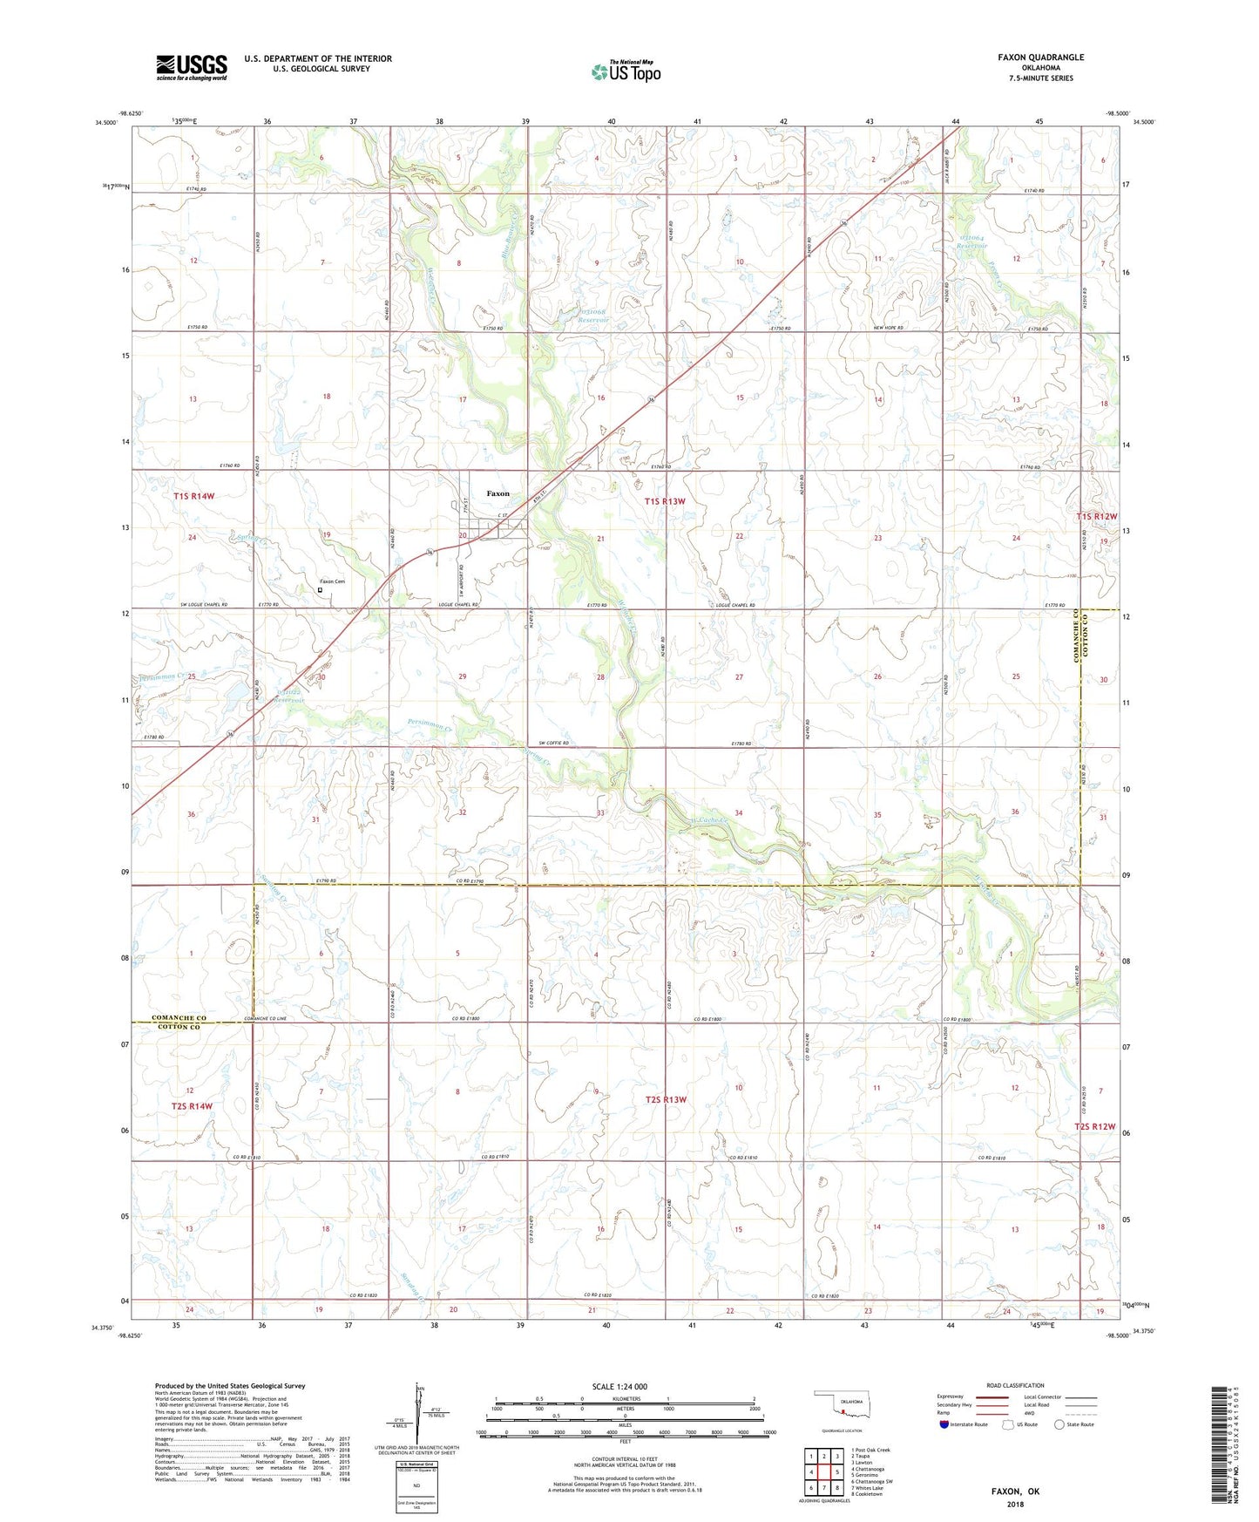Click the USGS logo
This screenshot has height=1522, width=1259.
coord(191,67)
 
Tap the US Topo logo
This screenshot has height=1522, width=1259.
coord(626,71)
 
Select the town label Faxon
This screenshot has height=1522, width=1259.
coord(498,493)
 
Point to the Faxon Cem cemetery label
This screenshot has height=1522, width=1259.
coord(332,581)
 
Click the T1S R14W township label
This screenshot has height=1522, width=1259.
coord(193,496)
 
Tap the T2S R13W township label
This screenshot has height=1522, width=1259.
coord(666,1100)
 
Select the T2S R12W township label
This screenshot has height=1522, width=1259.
coord(1094,1126)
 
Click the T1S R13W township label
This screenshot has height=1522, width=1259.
coord(665,501)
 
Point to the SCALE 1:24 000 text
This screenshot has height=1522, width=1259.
coord(619,1386)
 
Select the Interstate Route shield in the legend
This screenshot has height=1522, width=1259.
coord(944,1424)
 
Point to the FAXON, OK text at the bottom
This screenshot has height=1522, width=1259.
coord(1015,1491)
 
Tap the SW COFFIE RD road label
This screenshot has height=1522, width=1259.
coord(553,743)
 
